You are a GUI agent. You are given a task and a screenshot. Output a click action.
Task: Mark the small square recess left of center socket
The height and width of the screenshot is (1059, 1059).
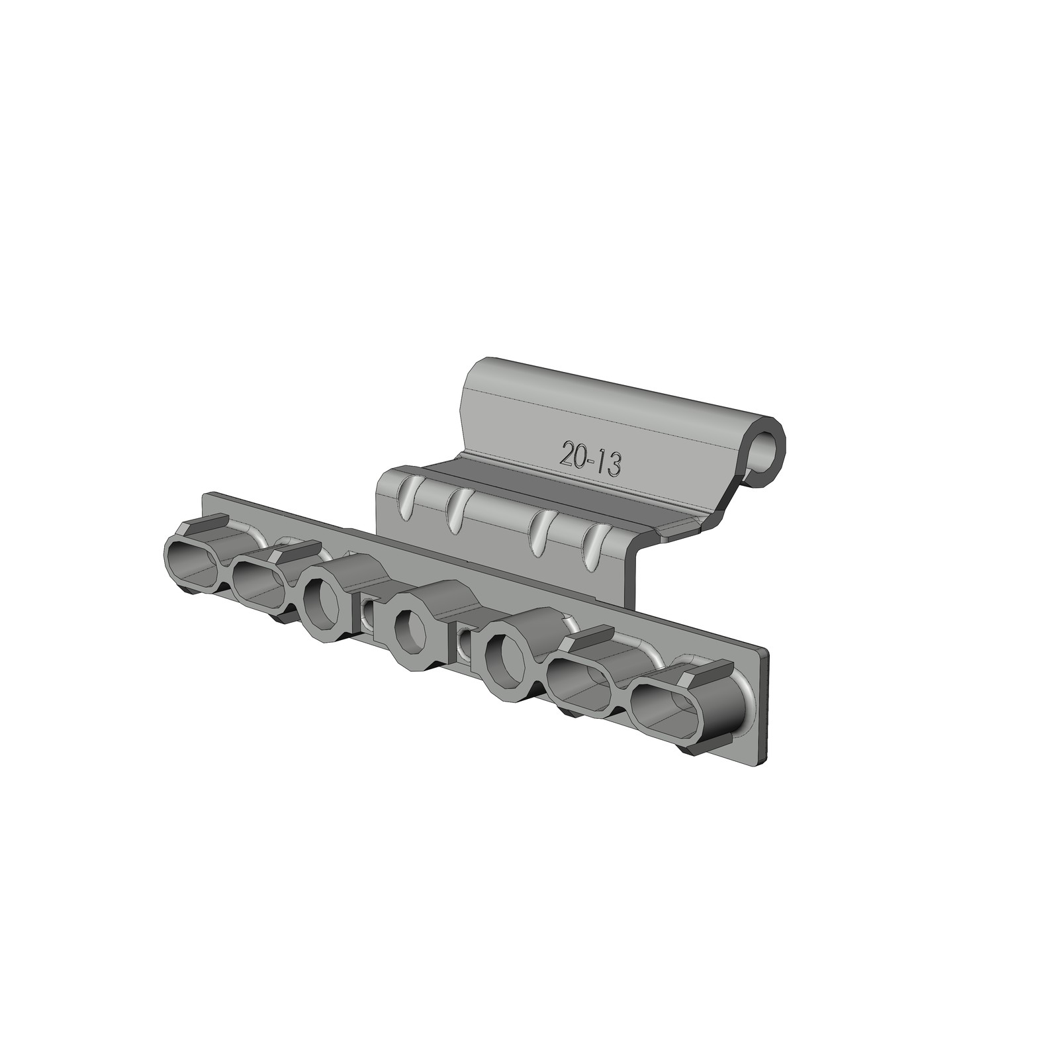tap(367, 611)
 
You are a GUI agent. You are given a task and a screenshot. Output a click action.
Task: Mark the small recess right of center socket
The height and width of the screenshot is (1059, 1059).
tap(465, 641)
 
